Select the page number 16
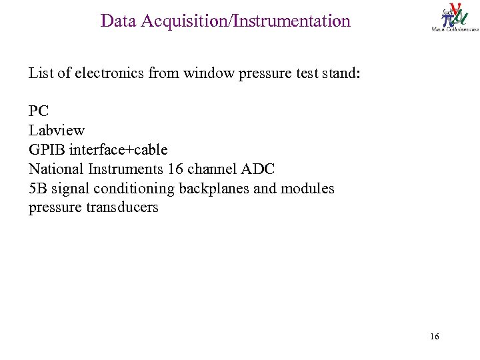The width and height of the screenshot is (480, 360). (x=435, y=337)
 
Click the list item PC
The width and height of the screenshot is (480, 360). (x=39, y=111)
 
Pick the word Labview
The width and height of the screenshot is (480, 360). (x=57, y=130)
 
